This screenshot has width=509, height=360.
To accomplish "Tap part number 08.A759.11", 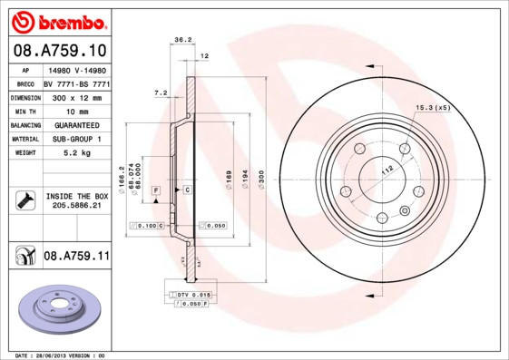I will point(75,257).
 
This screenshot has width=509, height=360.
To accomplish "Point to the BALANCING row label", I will point(25,125).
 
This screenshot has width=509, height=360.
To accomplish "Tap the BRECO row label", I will point(25,83).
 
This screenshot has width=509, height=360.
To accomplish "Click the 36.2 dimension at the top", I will point(181,39).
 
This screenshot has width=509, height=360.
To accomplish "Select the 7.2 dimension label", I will point(161,92).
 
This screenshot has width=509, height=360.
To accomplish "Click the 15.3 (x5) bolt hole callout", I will point(433,108).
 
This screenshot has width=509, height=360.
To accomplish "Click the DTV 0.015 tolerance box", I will point(192,296).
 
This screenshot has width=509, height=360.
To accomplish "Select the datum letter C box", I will point(187,190).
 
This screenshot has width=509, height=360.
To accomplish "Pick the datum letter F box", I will point(155,190).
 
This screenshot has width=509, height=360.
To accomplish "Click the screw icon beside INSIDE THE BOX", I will point(24,200).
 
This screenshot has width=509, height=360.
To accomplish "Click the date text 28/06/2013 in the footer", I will point(57,355).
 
